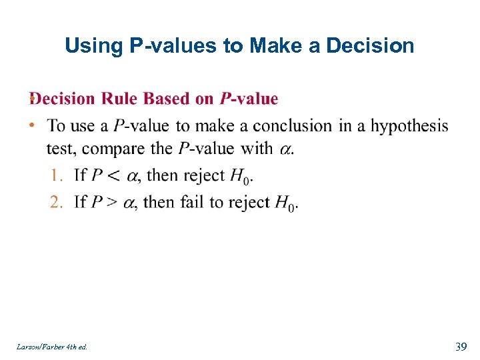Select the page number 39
[x=460, y=346]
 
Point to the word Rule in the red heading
[x=120, y=99]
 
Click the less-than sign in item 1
[x=115, y=175]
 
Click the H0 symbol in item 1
[x=240, y=177]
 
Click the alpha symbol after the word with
[x=285, y=149]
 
